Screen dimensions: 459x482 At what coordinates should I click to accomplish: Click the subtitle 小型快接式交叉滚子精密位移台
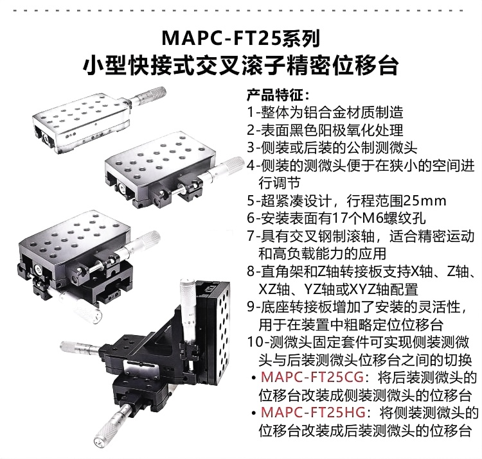240,65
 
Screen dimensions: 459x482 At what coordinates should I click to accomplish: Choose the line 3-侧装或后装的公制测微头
333,148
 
